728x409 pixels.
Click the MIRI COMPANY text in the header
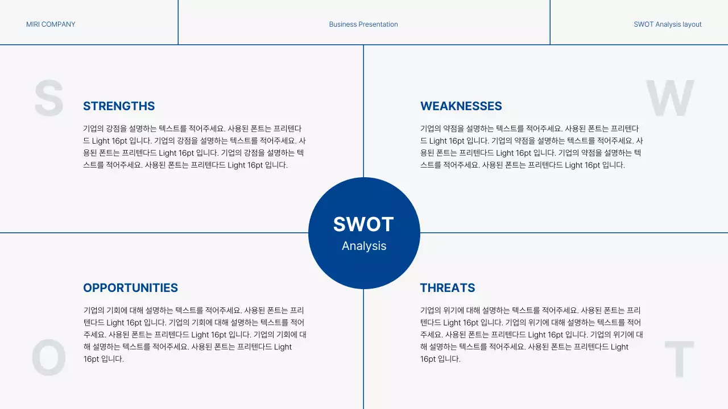pos(51,24)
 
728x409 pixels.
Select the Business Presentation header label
pos(363,24)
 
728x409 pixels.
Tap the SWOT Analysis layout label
pos(667,24)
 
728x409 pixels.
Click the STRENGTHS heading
pos(119,106)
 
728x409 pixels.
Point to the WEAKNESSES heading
pos(461,106)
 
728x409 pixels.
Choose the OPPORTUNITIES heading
pos(130,288)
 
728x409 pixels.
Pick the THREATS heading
pos(448,288)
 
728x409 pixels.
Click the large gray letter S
pos(49,98)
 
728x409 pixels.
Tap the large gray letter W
pos(669,98)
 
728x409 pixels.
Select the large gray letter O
pos(49,358)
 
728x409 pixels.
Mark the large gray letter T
pos(679,359)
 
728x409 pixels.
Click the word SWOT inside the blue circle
pos(363,224)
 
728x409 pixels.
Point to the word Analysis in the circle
pos(364,246)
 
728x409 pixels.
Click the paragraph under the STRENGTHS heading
pos(195,147)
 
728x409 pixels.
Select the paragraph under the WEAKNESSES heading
pos(532,147)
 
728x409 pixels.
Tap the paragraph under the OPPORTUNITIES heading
pos(195,335)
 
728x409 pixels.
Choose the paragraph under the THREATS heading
pos(532,335)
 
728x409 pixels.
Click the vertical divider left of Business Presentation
pos(178,22)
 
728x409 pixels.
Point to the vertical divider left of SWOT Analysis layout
pos(550,22)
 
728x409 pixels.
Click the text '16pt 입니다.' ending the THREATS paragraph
pos(440,359)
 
